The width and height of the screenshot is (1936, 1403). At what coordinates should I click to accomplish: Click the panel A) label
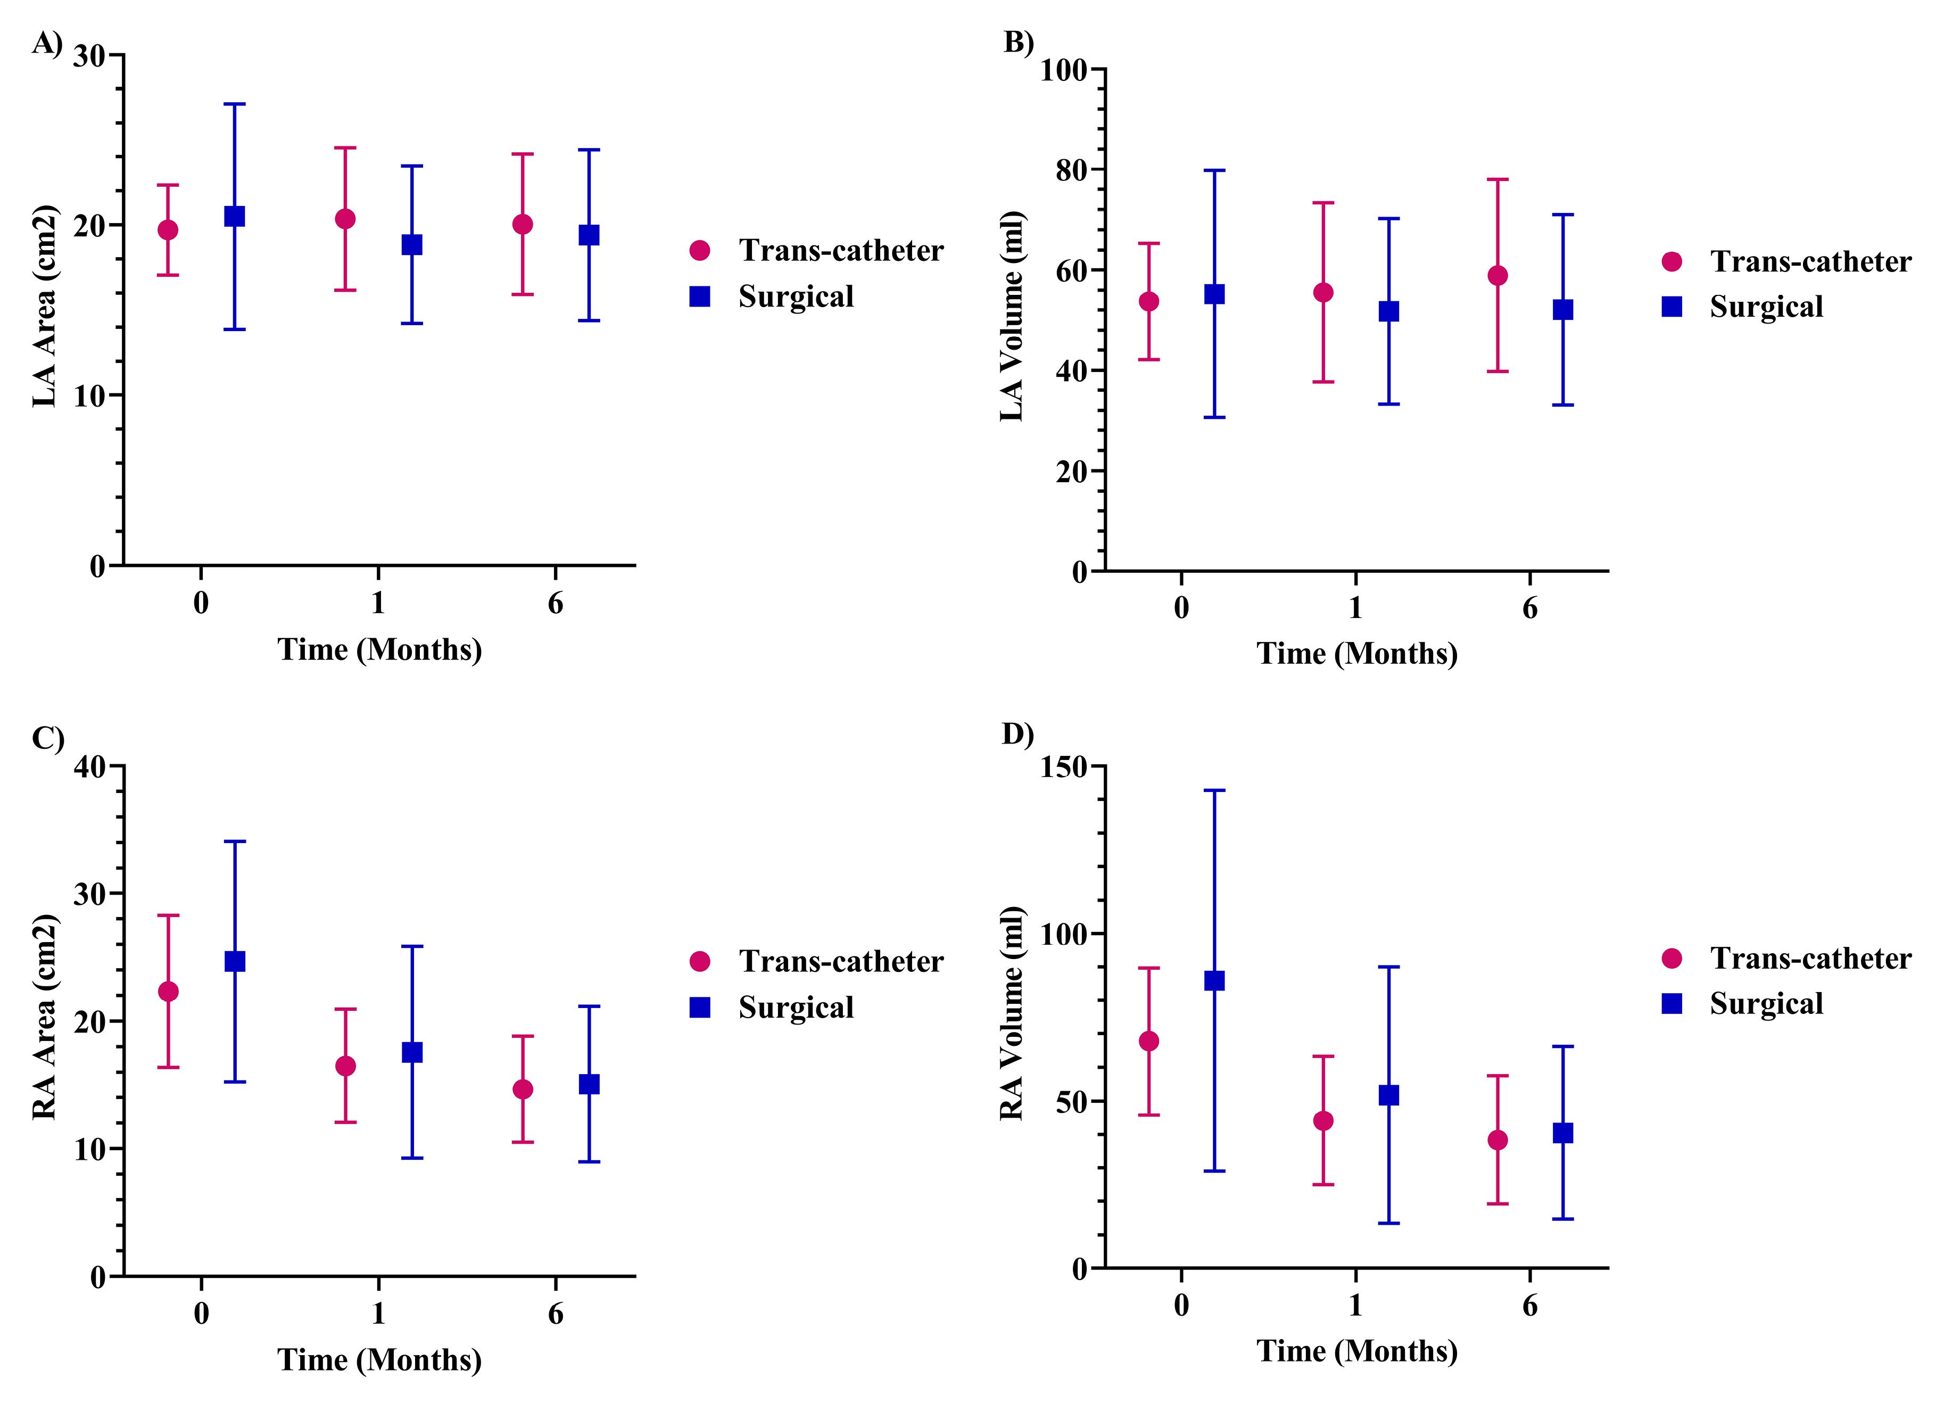click(x=47, y=43)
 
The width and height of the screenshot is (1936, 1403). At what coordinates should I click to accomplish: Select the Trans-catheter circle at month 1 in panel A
click(x=345, y=219)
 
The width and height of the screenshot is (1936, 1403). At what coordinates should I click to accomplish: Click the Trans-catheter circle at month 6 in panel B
click(x=1497, y=275)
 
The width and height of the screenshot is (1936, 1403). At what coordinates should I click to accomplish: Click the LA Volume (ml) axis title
click(x=1012, y=316)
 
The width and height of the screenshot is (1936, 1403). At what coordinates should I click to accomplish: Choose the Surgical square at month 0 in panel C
click(x=234, y=962)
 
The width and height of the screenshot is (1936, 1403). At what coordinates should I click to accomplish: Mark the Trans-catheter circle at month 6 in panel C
click(x=523, y=1089)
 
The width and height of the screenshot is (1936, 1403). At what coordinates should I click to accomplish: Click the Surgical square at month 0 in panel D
click(x=1214, y=980)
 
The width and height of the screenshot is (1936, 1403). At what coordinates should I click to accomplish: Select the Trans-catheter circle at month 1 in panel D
click(x=1323, y=1120)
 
